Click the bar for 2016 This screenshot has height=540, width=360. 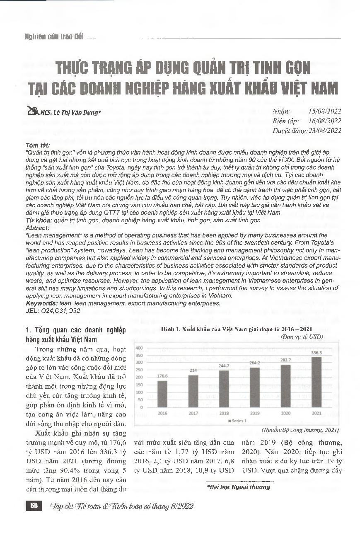click(162, 394)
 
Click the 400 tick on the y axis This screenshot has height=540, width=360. click(139, 348)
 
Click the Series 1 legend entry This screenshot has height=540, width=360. click(238, 421)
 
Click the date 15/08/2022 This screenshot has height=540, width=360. click(325, 112)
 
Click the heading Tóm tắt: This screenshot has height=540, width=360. click(38, 145)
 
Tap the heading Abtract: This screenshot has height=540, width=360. click(38, 228)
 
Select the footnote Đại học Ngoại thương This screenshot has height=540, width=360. click(238, 487)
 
